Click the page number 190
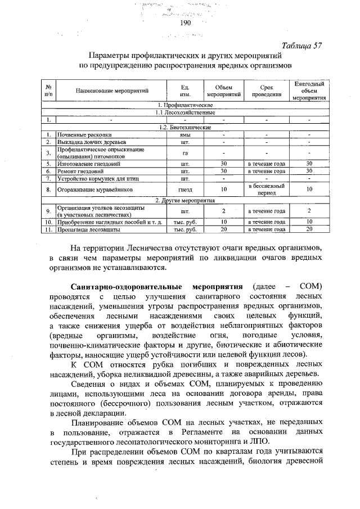[186, 23]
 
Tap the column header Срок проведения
[267, 91]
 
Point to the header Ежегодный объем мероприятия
[309, 90]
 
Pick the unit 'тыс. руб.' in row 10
[184, 222]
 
